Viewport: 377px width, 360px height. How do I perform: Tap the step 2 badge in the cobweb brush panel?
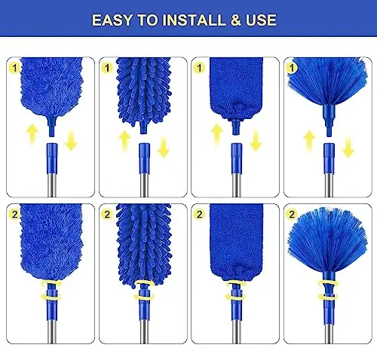pos(292,213)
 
